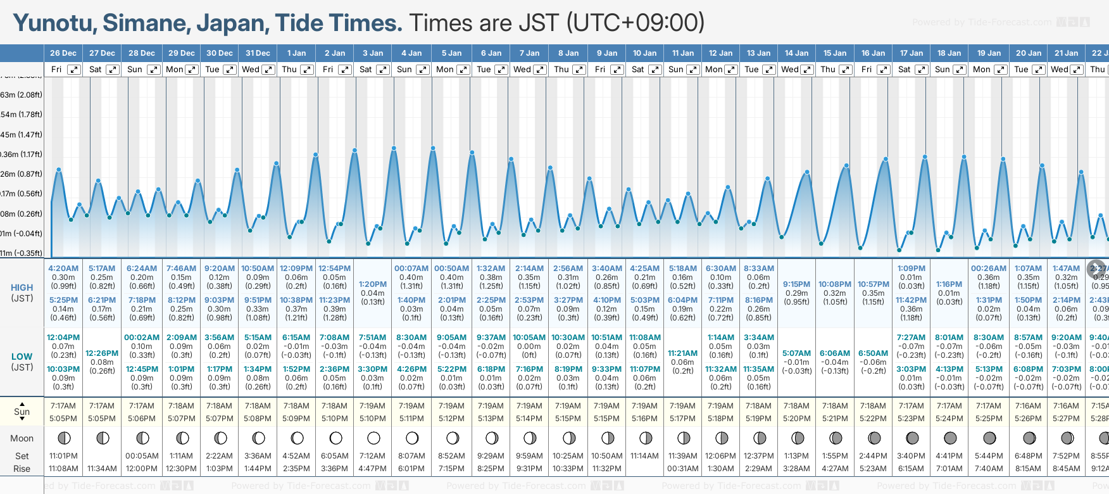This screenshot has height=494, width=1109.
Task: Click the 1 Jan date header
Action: pyautogui.click(x=296, y=53)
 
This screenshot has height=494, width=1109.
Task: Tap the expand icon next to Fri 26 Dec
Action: pyautogui.click(x=74, y=70)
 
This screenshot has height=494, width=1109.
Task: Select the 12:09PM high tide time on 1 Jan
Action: pyautogui.click(x=296, y=269)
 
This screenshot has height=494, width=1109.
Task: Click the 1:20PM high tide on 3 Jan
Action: pyautogui.click(x=372, y=284)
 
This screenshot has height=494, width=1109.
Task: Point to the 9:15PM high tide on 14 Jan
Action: pyautogui.click(x=796, y=284)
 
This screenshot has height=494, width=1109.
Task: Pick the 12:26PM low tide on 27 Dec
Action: pyautogui.click(x=102, y=353)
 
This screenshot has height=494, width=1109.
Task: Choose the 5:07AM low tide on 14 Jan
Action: pyautogui.click(x=796, y=353)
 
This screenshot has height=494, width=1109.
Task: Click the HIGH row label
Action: pyautogui.click(x=22, y=288)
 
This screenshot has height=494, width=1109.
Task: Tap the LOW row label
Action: pyautogui.click(x=22, y=357)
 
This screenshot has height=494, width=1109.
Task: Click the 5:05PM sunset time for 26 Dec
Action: pyautogui.click(x=63, y=419)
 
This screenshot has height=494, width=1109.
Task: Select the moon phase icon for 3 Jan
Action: pyautogui.click(x=373, y=438)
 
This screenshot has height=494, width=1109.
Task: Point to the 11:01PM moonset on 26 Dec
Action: pyautogui.click(x=63, y=456)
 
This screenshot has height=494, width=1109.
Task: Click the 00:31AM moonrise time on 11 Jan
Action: pyautogui.click(x=682, y=469)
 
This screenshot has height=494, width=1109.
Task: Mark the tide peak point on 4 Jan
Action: pyautogui.click(x=394, y=148)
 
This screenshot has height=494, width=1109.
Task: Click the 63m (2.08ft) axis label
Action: pyautogui.click(x=22, y=95)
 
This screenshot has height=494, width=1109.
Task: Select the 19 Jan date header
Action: pyautogui.click(x=989, y=53)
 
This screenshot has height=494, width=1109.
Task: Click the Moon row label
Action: pyautogui.click(x=22, y=438)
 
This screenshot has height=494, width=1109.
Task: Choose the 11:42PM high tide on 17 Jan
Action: pyautogui.click(x=911, y=300)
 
